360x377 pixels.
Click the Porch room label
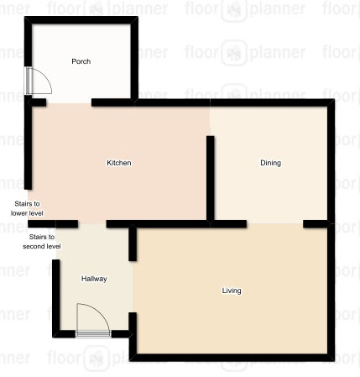click(x=81, y=61)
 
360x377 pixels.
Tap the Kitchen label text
click(x=119, y=163)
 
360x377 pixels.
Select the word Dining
click(x=270, y=163)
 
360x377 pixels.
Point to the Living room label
click(x=232, y=291)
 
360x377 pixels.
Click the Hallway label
click(x=94, y=279)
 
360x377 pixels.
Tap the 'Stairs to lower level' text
click(x=27, y=208)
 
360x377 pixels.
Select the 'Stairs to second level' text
click(x=42, y=242)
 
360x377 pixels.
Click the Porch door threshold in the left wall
click(x=29, y=81)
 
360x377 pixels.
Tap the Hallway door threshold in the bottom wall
click(x=93, y=333)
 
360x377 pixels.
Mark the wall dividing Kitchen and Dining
click(x=211, y=178)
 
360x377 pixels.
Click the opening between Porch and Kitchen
click(x=69, y=102)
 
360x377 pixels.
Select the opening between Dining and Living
click(x=274, y=224)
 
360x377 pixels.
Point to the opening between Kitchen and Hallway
click(x=92, y=224)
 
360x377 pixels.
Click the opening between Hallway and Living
click(x=133, y=287)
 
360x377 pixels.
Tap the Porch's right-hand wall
click(x=134, y=60)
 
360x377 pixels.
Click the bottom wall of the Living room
click(x=232, y=358)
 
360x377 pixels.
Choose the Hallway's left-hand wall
click(x=56, y=296)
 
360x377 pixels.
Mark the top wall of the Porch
click(x=81, y=20)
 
